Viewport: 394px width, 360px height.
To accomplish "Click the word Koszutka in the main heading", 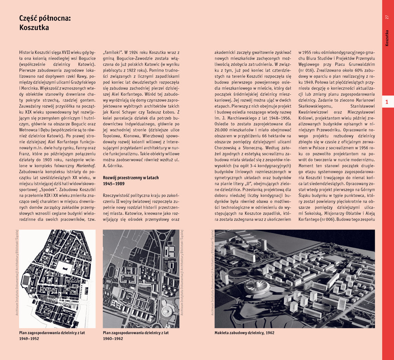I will click(x=34, y=28).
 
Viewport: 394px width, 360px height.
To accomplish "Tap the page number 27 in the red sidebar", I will click(x=387, y=17).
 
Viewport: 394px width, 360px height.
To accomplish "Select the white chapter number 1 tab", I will click(x=387, y=102).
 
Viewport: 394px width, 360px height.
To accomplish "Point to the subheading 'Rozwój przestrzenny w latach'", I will click(x=131, y=177).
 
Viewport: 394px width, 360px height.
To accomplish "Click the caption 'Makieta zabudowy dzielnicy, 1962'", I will click(x=244, y=333).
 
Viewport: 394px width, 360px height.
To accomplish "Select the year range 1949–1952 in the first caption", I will click(x=29, y=338).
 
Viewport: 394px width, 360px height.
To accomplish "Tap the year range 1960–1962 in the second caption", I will click(x=113, y=338).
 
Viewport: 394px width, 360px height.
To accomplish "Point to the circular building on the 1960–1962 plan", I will click(x=167, y=311).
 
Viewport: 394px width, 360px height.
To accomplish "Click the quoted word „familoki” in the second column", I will click(x=113, y=52).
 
